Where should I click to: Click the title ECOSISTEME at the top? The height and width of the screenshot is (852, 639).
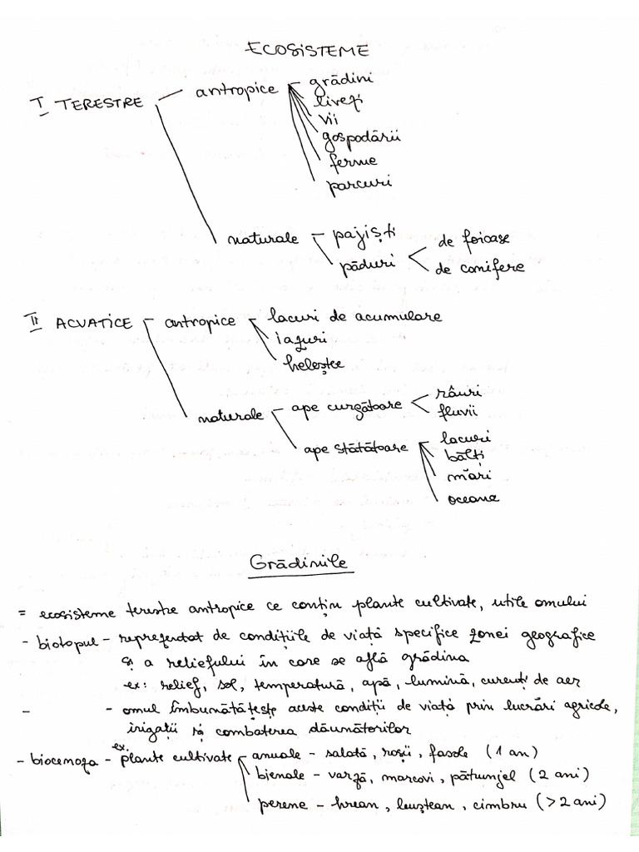coord(307,51)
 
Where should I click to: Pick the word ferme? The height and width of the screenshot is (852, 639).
coord(352,160)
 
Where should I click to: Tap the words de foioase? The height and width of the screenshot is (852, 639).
coord(473,240)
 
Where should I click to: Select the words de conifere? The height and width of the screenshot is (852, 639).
coord(481,268)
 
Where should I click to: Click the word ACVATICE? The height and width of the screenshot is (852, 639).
coord(94,324)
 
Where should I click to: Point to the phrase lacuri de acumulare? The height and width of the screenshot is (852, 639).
coord(355,316)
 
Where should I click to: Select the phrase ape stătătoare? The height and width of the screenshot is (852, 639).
coord(355,449)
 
